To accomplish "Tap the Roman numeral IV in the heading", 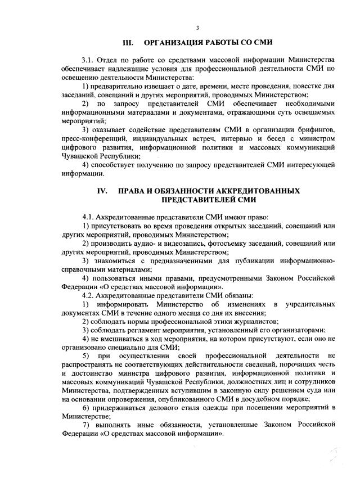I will [102, 191].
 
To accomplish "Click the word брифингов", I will [317, 130].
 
